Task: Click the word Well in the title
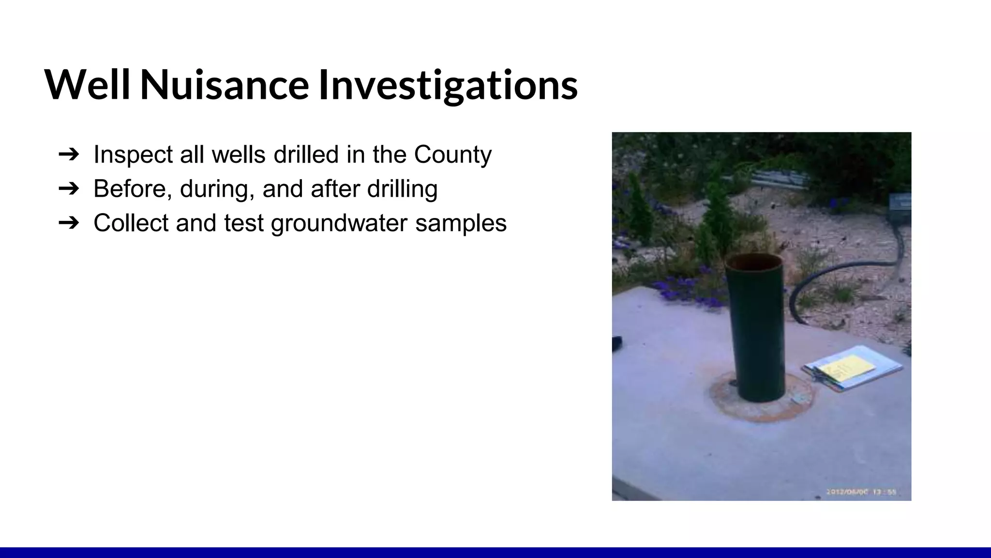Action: [87, 85]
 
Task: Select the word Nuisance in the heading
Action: [225, 85]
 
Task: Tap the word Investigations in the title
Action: [448, 86]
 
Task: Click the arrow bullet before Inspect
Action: [68, 155]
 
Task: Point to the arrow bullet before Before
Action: [68, 188]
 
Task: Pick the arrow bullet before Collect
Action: [68, 223]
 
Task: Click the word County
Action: [452, 155]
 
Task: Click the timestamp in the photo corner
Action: [861, 492]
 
